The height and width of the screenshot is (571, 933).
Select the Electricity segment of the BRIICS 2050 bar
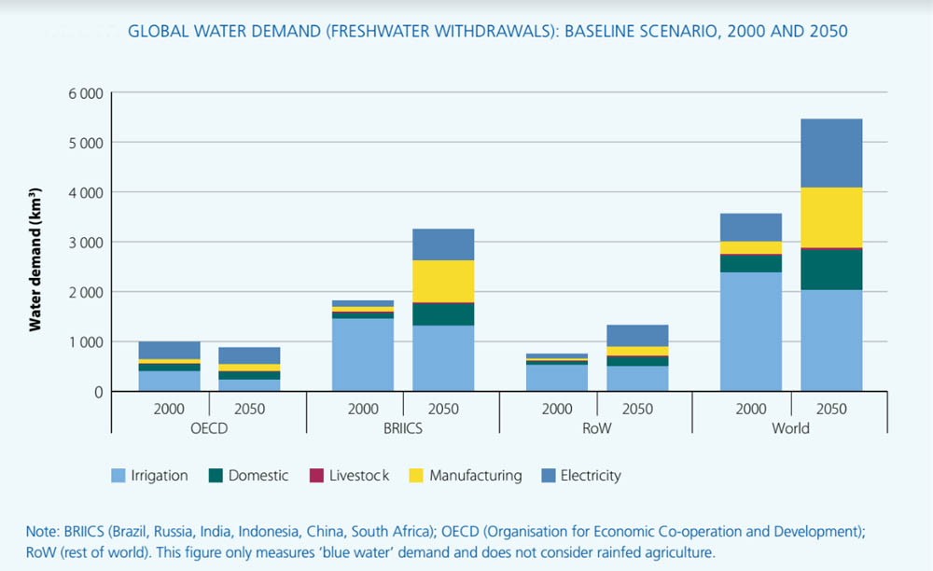(443, 244)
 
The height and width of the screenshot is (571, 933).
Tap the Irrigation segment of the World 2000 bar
(751, 331)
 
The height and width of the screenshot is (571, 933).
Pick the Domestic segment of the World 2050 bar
(831, 270)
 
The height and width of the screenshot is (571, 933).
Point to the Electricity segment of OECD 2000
(169, 350)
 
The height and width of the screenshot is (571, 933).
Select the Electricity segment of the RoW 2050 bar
(637, 336)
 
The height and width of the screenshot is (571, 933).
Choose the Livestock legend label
(359, 476)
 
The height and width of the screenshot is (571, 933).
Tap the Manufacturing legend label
(475, 476)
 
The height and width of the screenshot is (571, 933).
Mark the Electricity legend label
(591, 476)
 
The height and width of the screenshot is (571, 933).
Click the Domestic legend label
(258, 476)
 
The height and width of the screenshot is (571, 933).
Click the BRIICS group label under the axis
(403, 428)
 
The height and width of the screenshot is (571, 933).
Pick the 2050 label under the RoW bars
(637, 409)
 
